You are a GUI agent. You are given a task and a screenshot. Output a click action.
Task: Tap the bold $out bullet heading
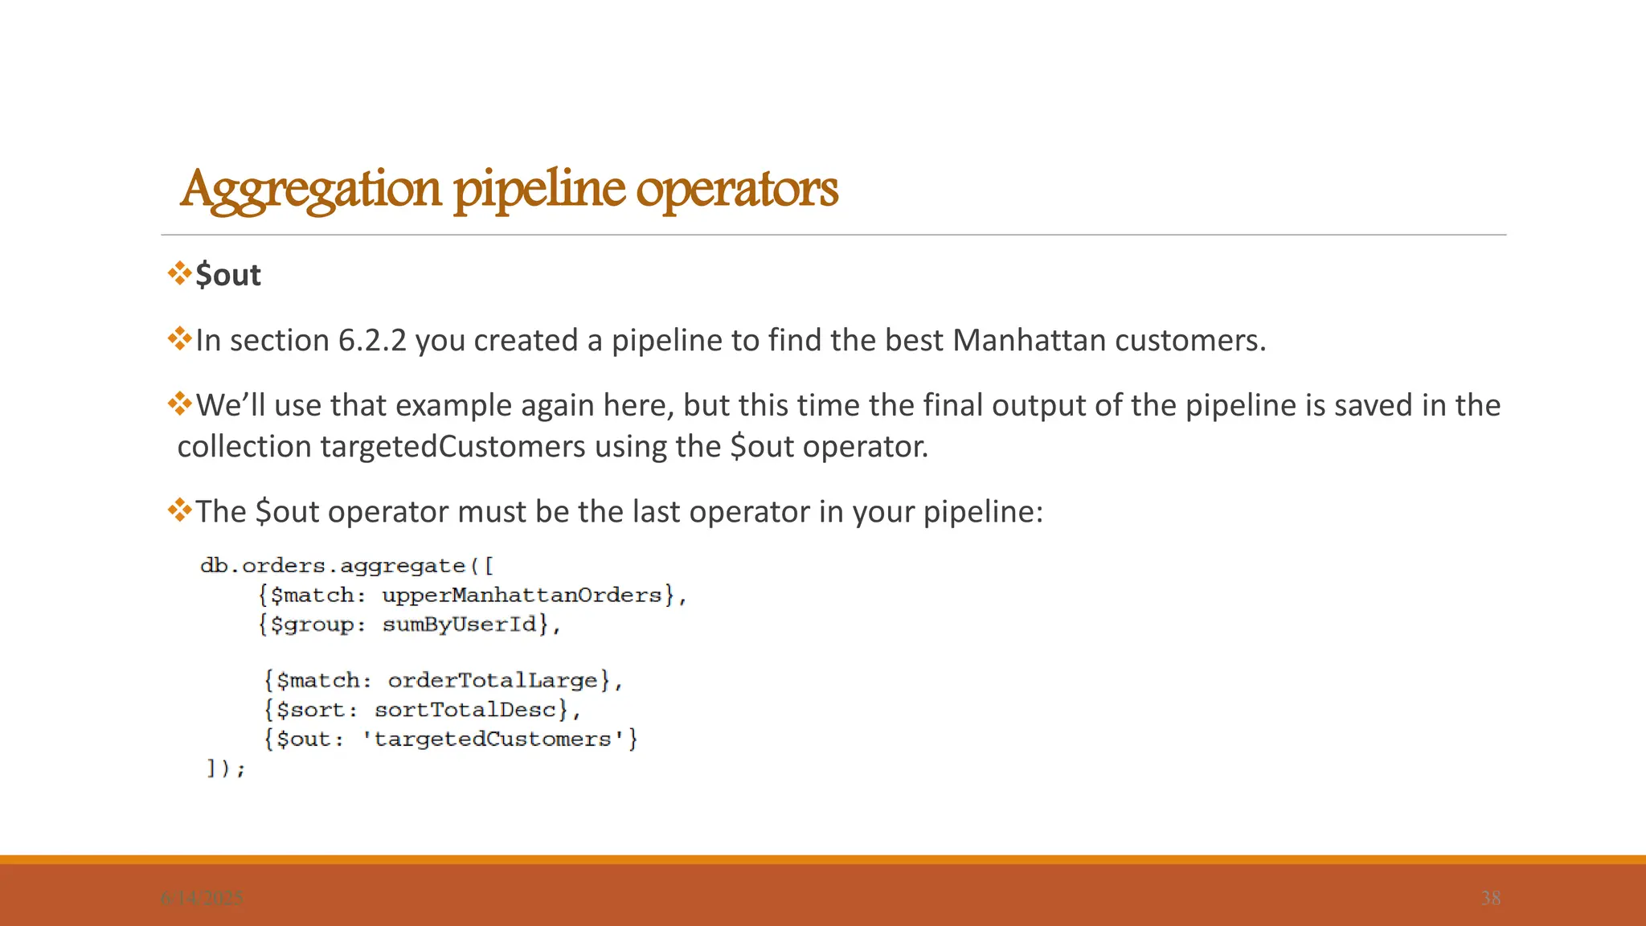coord(228,276)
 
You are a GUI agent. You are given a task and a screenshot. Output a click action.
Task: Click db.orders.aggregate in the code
coord(333,566)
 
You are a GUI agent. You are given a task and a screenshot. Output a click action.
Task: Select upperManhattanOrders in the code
coord(522,596)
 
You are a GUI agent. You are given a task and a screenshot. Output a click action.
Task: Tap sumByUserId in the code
coord(459,625)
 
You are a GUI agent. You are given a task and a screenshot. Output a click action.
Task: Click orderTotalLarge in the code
coord(493,681)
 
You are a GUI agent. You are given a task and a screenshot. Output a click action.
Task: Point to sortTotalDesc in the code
coord(465,710)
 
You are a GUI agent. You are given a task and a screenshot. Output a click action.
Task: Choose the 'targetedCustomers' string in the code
coord(493,740)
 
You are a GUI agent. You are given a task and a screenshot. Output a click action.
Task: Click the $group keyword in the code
coord(312,625)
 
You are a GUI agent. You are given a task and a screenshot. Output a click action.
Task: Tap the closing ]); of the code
coord(226,769)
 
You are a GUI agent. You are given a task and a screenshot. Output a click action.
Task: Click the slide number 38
coord(1490,898)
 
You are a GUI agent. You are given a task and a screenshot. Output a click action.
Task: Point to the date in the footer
coord(202,898)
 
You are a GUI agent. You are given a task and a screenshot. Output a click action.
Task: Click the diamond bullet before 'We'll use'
coord(179,403)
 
